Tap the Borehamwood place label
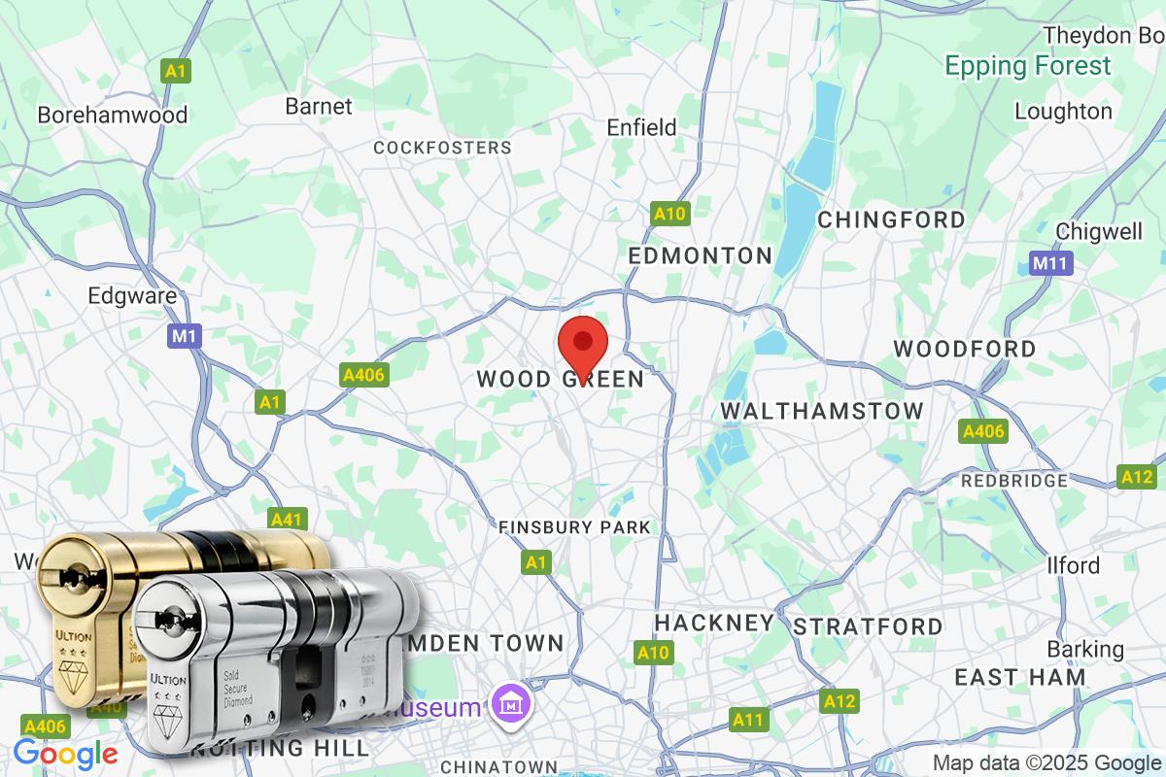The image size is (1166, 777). [112, 115]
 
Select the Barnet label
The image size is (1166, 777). [319, 106]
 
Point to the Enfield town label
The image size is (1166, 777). [641, 127]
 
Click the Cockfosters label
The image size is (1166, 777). [443, 148]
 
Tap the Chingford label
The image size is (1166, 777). [891, 220]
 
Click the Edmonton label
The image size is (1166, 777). [700, 255]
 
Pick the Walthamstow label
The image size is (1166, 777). [822, 412]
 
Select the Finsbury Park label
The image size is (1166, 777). [574, 527]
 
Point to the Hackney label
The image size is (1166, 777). [714, 623]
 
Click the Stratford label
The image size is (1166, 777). [868, 626]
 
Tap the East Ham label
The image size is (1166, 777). [1019, 677]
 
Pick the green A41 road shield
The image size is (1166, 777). [287, 520]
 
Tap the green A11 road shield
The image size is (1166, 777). [748, 720]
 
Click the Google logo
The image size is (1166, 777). [65, 753]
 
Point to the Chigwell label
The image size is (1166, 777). [1099, 231]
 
